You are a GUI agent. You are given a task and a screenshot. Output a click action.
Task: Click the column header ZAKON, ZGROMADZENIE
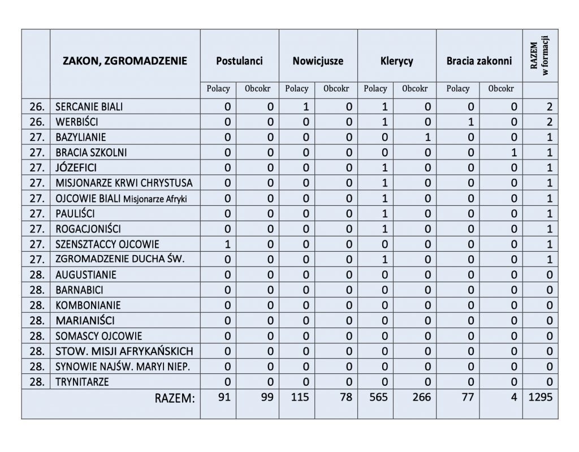coord(125,61)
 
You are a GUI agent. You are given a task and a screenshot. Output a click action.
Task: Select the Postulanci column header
coord(239,61)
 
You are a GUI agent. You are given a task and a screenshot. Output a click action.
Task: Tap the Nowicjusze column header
coord(318,61)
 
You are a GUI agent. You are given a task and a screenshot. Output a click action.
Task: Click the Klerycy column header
coord(396,61)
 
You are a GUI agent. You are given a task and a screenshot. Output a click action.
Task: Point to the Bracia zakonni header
coord(479,61)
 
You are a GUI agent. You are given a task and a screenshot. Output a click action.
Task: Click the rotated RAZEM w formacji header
coord(539,57)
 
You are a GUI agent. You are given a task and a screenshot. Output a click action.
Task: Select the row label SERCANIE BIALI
coord(89,106)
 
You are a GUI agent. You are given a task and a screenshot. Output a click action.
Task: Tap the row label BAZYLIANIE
coord(81,137)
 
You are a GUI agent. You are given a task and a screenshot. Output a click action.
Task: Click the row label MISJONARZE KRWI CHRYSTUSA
coord(124,183)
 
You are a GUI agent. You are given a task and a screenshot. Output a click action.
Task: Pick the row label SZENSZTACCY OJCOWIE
coord(107,244)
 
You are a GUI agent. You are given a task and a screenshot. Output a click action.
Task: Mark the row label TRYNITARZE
coord(83,382)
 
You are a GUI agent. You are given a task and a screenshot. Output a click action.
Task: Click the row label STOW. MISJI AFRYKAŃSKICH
coord(124,351)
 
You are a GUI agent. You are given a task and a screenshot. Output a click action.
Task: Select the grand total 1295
coord(540,398)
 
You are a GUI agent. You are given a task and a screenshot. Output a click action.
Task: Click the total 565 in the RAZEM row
coord(377,398)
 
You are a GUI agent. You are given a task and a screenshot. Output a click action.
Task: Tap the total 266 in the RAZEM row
coord(421,398)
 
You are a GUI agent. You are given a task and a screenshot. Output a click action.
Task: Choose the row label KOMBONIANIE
coord(88,305)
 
